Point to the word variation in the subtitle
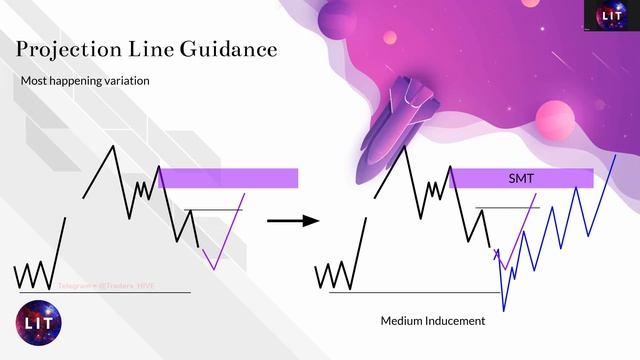(x=124, y=80)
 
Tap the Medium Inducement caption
(x=433, y=321)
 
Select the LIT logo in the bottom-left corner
(x=39, y=322)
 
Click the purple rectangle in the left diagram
(x=228, y=178)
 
